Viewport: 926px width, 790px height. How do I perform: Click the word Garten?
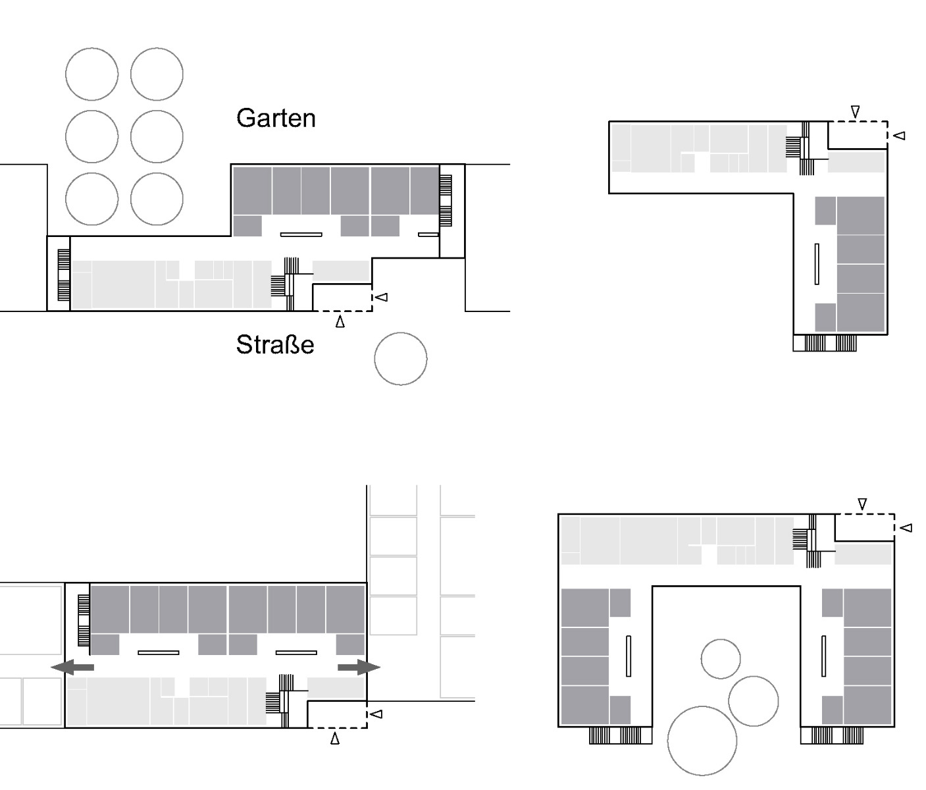(x=276, y=118)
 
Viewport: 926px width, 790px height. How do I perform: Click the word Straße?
(x=275, y=345)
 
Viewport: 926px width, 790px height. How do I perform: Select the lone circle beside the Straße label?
(x=400, y=359)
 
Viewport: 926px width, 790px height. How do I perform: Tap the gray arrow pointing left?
(x=72, y=668)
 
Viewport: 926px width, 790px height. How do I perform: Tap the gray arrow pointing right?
(x=359, y=668)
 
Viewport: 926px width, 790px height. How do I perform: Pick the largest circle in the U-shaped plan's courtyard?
(x=702, y=741)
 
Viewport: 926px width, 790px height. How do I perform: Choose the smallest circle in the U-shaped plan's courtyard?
(x=721, y=658)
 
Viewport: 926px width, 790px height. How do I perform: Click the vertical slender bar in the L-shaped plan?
(x=817, y=264)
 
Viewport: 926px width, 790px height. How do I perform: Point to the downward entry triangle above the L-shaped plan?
(x=855, y=112)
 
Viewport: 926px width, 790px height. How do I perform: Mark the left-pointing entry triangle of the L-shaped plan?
(x=900, y=136)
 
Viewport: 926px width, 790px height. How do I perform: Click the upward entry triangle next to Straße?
(x=340, y=322)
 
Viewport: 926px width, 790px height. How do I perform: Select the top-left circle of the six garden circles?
(x=91, y=74)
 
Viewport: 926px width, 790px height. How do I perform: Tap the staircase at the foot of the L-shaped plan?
(x=825, y=343)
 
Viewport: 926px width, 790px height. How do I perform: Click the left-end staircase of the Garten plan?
(x=64, y=275)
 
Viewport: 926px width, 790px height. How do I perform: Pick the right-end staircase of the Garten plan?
(x=446, y=201)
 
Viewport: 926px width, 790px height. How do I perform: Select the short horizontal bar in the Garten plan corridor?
(x=428, y=234)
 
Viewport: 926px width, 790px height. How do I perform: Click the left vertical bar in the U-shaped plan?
(x=629, y=656)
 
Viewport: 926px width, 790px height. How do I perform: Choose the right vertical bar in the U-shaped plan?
(x=823, y=656)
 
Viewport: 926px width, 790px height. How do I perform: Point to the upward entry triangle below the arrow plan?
(x=335, y=739)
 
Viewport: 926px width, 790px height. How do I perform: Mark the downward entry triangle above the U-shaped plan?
(x=862, y=504)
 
